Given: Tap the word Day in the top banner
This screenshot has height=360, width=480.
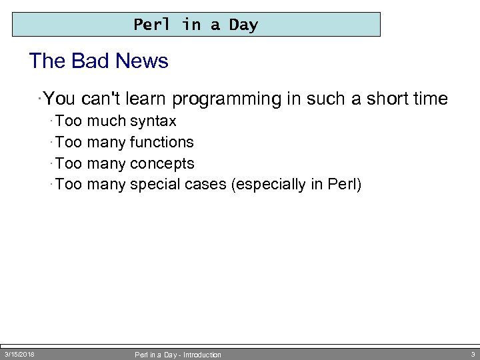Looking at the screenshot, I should tap(243, 25).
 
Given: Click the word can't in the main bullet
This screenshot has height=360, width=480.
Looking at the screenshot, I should tap(101, 99).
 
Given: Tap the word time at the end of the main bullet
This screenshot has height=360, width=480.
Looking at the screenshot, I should tap(430, 99).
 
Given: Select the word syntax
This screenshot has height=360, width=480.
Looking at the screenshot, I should tap(153, 121).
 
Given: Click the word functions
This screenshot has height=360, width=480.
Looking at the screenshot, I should tap(162, 142).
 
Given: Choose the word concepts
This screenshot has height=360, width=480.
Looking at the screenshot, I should tap(162, 163).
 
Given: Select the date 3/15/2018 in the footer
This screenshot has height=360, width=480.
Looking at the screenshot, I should tap(19, 354).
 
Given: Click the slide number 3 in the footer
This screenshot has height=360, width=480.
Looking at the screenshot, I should tap(472, 354).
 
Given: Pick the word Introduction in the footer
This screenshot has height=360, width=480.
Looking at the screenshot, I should tap(201, 355).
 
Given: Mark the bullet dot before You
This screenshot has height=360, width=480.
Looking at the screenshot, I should tap(41, 99).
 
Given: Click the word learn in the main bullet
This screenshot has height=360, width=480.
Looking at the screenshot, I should tap(147, 99).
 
